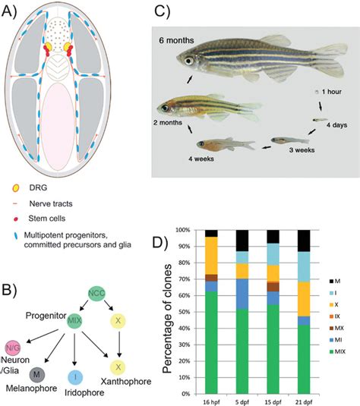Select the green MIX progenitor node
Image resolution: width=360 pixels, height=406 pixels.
pos(75,322)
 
